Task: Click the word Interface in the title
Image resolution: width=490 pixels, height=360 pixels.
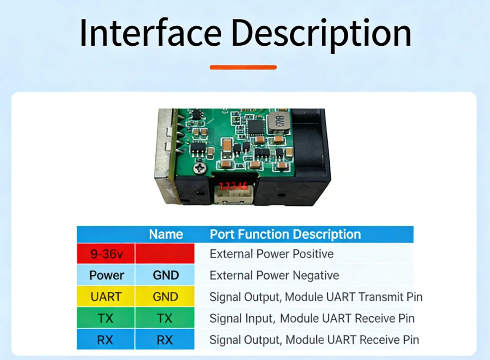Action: pos(151,33)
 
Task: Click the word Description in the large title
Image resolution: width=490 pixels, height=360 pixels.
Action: pos(321,34)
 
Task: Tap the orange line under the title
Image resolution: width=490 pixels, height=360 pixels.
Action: pos(243,67)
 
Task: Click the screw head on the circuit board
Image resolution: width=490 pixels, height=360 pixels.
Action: pos(200,168)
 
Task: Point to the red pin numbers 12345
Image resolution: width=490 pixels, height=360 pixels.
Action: pos(233,186)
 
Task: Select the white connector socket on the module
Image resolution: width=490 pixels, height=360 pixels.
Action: pos(233,195)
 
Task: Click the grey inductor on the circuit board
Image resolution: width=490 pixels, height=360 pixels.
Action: pos(278,123)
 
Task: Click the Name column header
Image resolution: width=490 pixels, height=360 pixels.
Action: pos(166,234)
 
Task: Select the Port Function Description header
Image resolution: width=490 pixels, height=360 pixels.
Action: pos(286,234)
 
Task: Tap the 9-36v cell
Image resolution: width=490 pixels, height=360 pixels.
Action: pos(106,254)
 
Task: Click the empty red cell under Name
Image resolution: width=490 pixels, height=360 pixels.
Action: pos(165,254)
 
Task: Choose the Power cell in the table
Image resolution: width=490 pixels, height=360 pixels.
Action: pos(106,275)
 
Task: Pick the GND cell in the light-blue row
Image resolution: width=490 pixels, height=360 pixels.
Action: pos(165,275)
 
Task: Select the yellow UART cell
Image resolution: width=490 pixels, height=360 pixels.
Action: pos(106,297)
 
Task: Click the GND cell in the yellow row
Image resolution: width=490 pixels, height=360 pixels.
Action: pos(165,297)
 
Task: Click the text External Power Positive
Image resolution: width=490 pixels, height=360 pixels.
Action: pos(272,254)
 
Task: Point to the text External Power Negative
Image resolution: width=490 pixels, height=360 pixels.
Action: pos(275,275)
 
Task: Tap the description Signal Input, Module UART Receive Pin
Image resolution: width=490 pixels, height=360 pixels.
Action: pos(312,318)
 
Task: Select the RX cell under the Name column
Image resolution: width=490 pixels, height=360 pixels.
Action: pos(165,340)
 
